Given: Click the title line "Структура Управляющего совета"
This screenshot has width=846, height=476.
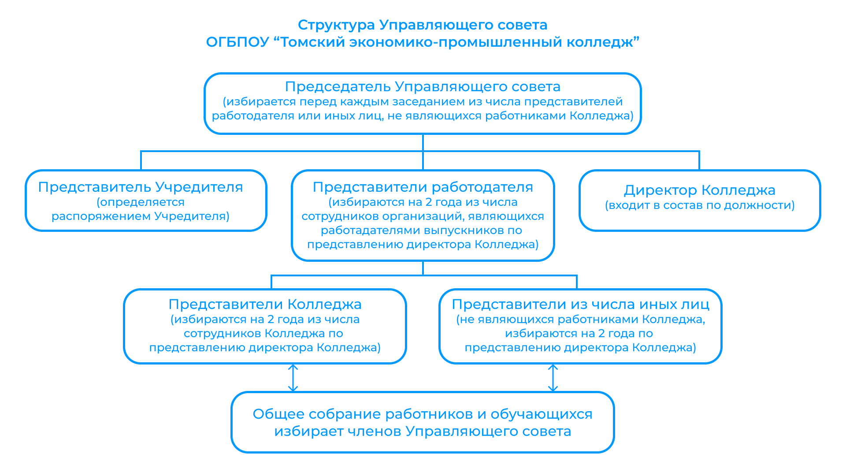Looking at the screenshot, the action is tap(423, 25).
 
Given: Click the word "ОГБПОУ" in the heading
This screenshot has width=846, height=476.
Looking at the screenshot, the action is tap(237, 42).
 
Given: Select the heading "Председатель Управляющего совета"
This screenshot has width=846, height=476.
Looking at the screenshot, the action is tap(423, 87).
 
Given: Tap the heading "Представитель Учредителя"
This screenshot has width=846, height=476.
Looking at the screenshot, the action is tap(141, 187).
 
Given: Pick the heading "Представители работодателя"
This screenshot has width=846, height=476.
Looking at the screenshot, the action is tap(423, 187).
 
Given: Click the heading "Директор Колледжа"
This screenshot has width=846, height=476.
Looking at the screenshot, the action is tap(700, 190).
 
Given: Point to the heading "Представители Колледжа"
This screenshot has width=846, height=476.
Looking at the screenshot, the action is tap(265, 305).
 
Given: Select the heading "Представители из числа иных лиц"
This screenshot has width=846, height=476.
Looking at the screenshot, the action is tap(581, 305).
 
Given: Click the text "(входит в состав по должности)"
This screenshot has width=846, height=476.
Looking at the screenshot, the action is tap(700, 205).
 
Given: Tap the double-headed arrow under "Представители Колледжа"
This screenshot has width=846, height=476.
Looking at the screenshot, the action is tap(293, 378).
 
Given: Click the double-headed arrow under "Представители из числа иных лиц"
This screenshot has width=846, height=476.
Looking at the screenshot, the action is tap(553, 378).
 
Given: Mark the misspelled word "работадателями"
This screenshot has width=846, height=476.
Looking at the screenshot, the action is tap(370, 231).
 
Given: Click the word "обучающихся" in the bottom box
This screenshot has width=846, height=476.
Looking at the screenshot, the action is tap(542, 414).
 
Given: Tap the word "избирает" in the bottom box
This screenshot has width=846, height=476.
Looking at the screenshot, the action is tap(309, 431).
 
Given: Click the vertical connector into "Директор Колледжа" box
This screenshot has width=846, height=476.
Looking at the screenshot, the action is tap(699, 161).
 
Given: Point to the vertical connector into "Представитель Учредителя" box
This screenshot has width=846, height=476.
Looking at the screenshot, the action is tap(141, 161).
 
